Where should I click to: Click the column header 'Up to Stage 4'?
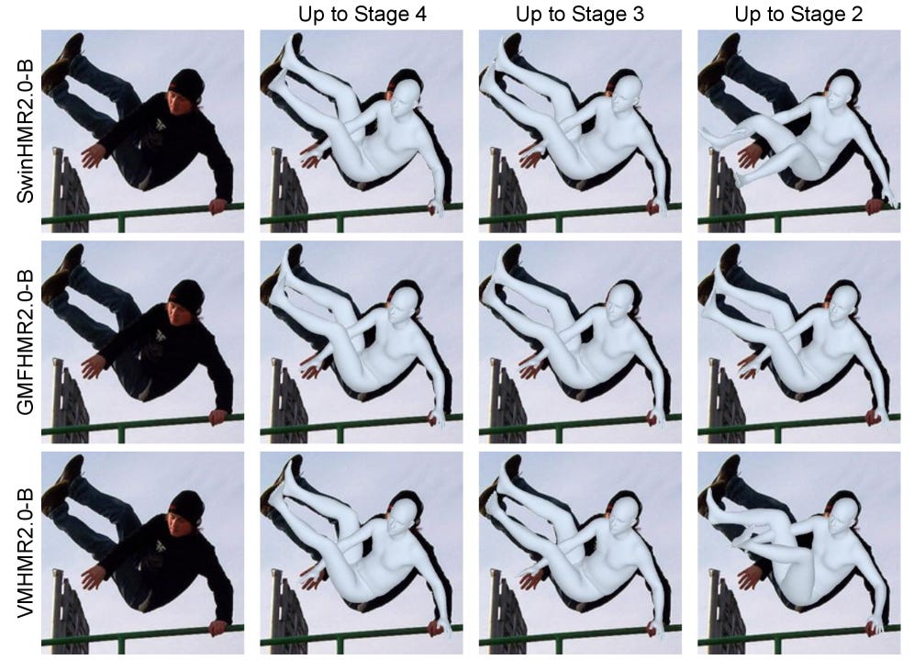(x=362, y=14)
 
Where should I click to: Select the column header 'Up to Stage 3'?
(x=580, y=14)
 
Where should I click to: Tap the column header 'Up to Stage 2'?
(x=798, y=14)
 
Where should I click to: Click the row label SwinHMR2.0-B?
(x=25, y=131)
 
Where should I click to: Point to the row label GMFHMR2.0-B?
(x=25, y=341)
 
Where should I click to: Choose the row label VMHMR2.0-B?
(x=25, y=553)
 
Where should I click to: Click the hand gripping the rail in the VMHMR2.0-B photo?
(x=219, y=627)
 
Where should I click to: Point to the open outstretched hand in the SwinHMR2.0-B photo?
(x=92, y=156)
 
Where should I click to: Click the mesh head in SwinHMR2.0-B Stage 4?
(x=405, y=96)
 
